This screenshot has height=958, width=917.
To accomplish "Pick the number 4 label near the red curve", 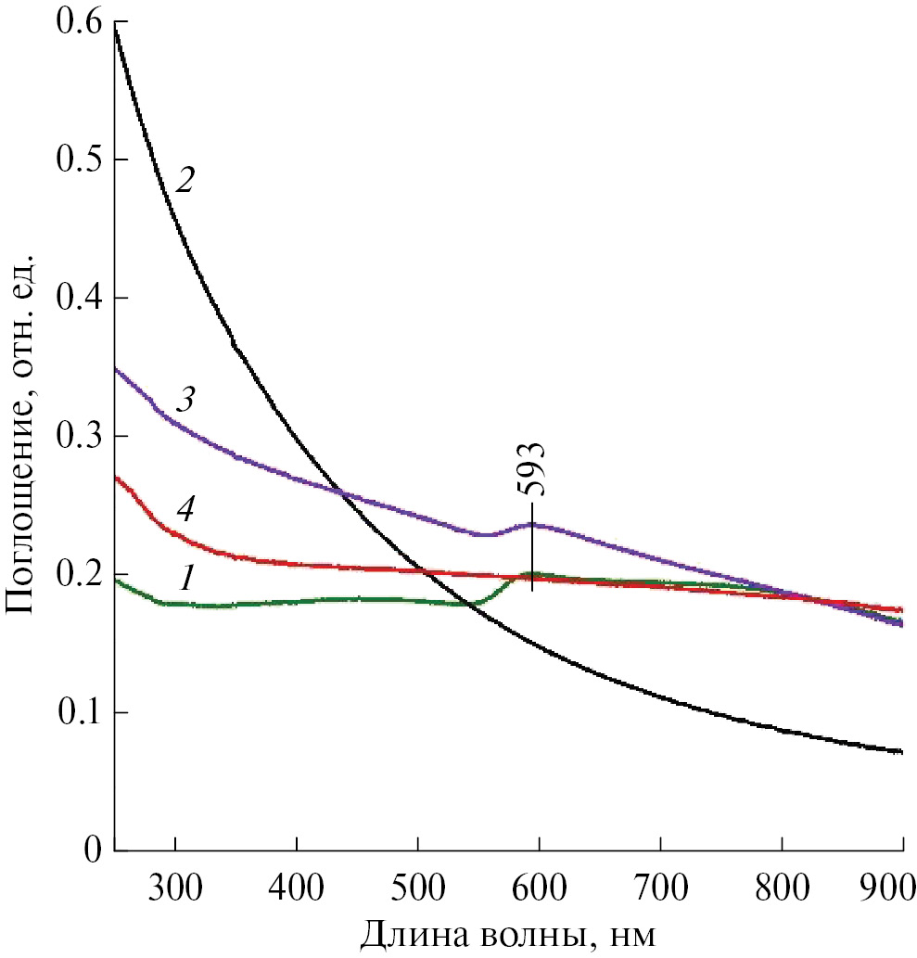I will (185, 509).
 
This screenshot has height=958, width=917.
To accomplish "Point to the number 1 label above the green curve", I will (187, 579).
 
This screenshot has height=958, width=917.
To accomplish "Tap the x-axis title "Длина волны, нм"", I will (508, 933).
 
